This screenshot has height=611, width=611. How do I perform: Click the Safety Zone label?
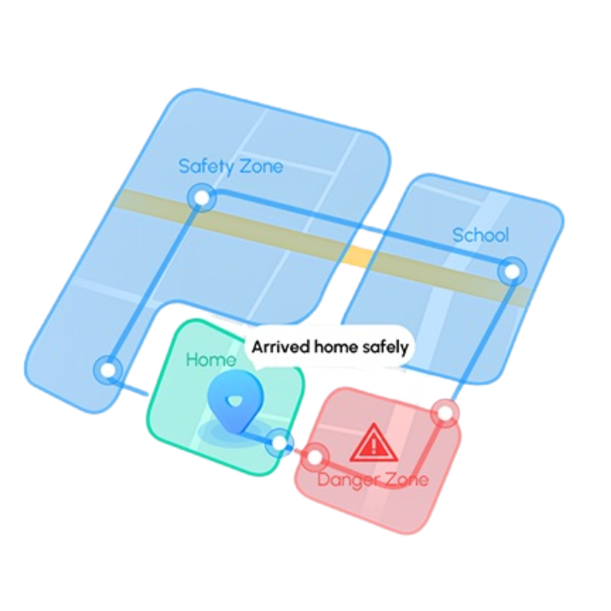pyautogui.click(x=231, y=167)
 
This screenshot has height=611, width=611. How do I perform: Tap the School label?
pyautogui.click(x=480, y=235)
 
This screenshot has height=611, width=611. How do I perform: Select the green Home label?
pyautogui.click(x=211, y=359)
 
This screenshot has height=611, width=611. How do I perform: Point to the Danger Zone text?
pyautogui.click(x=373, y=479)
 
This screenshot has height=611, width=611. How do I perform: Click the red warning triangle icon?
pyautogui.click(x=374, y=443)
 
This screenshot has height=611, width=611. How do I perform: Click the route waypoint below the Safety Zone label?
pyautogui.click(x=201, y=198)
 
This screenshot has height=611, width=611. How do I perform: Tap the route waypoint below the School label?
pyautogui.click(x=512, y=271)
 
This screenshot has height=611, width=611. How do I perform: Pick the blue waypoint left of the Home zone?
pyautogui.click(x=109, y=369)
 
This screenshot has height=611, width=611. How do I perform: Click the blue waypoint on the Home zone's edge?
pyautogui.click(x=279, y=443)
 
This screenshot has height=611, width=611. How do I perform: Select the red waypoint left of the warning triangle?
pyautogui.click(x=315, y=456)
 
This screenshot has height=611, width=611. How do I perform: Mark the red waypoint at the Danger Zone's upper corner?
pyautogui.click(x=445, y=413)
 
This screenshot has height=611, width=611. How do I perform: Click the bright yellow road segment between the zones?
pyautogui.click(x=359, y=256)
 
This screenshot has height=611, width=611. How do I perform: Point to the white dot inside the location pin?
pyautogui.click(x=234, y=401)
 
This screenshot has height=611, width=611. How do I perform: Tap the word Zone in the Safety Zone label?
pyautogui.click(x=261, y=167)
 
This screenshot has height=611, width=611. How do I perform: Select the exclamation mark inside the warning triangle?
pyautogui.click(x=374, y=445)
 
